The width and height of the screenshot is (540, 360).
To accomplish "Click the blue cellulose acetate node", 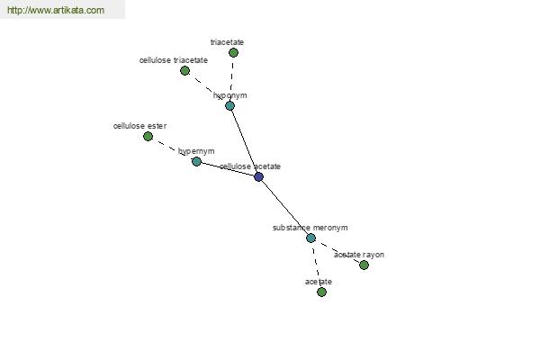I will (x=258, y=176).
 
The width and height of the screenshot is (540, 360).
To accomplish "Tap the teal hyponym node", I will (x=229, y=105).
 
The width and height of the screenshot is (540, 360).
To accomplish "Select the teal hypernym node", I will (x=196, y=161).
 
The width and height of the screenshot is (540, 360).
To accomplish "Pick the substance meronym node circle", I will (x=310, y=238).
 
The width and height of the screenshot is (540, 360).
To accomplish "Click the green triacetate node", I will (x=233, y=52).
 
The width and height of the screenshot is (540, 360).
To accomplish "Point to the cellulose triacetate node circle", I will (x=184, y=70).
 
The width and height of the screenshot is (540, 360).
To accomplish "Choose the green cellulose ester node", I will (x=148, y=136).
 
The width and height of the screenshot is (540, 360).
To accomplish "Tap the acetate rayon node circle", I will (x=364, y=265).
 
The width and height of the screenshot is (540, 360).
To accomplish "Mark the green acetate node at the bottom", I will (x=321, y=292).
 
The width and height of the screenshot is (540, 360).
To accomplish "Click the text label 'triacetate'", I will (x=227, y=42).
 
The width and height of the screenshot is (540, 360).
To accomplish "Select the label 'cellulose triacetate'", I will (x=173, y=60).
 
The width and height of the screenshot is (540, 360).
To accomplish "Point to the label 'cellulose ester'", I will (x=139, y=126).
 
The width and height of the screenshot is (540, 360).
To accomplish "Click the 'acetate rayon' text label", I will (x=358, y=255).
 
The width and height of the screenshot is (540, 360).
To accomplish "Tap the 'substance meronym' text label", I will (x=310, y=228).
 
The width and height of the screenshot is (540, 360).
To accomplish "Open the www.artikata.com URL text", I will (x=55, y=11).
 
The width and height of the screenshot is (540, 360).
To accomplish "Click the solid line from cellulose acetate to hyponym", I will (x=244, y=141).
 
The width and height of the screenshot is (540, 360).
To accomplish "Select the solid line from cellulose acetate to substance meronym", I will (x=284, y=207).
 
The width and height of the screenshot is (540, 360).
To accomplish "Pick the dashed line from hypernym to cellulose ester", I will (x=172, y=148).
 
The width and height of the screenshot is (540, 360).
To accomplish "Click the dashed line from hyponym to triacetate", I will (x=231, y=76).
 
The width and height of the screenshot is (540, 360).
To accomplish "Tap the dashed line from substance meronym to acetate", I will (x=316, y=265).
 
